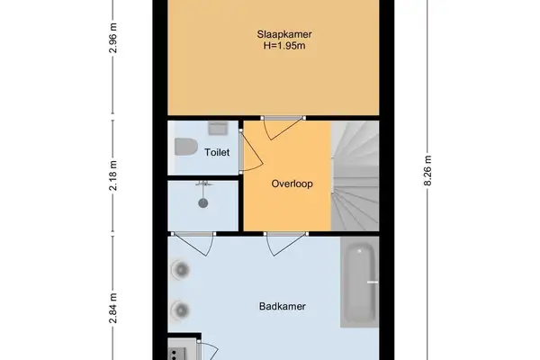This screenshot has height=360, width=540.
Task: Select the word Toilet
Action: coord(217,152)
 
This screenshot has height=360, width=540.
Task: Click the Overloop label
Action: coord(292,184)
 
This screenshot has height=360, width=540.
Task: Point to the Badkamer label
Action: coord(282,306)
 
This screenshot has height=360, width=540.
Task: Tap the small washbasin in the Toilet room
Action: coord(217,128)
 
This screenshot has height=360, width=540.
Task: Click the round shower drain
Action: coord(203,202)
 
